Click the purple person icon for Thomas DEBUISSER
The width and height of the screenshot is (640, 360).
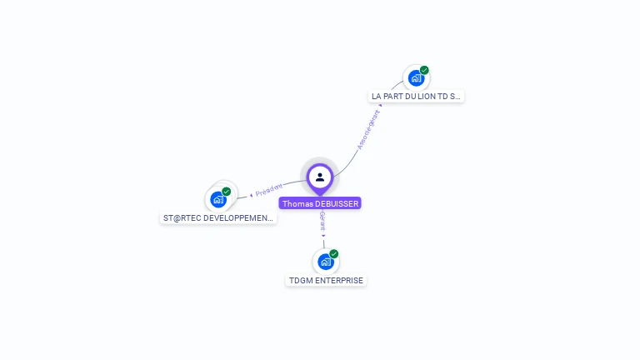pyautogui.click(x=320, y=177)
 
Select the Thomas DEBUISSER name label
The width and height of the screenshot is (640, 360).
pyautogui.click(x=320, y=203)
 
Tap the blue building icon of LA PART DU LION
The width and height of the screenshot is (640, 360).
pyautogui.click(x=415, y=78)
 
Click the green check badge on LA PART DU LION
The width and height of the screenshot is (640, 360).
pyautogui.click(x=424, y=70)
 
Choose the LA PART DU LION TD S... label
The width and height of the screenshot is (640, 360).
pyautogui.click(x=416, y=97)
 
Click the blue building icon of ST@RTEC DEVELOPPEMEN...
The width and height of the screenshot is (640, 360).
pyautogui.click(x=218, y=199)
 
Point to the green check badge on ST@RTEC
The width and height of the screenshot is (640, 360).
pyautogui.click(x=227, y=192)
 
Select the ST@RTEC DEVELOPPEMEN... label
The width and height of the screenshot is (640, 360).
pyautogui.click(x=218, y=217)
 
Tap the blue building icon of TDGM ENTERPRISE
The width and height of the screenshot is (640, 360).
pyautogui.click(x=325, y=262)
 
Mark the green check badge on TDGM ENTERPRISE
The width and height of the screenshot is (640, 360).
pyautogui.click(x=334, y=253)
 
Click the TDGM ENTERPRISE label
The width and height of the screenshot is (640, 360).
pyautogui.click(x=326, y=281)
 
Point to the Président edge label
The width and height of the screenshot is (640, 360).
pyautogui.click(x=268, y=191)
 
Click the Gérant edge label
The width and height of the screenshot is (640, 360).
pyautogui.click(x=322, y=222)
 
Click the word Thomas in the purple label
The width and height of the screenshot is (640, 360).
pyautogui.click(x=297, y=203)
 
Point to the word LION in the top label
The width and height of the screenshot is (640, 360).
pyautogui.click(x=426, y=97)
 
